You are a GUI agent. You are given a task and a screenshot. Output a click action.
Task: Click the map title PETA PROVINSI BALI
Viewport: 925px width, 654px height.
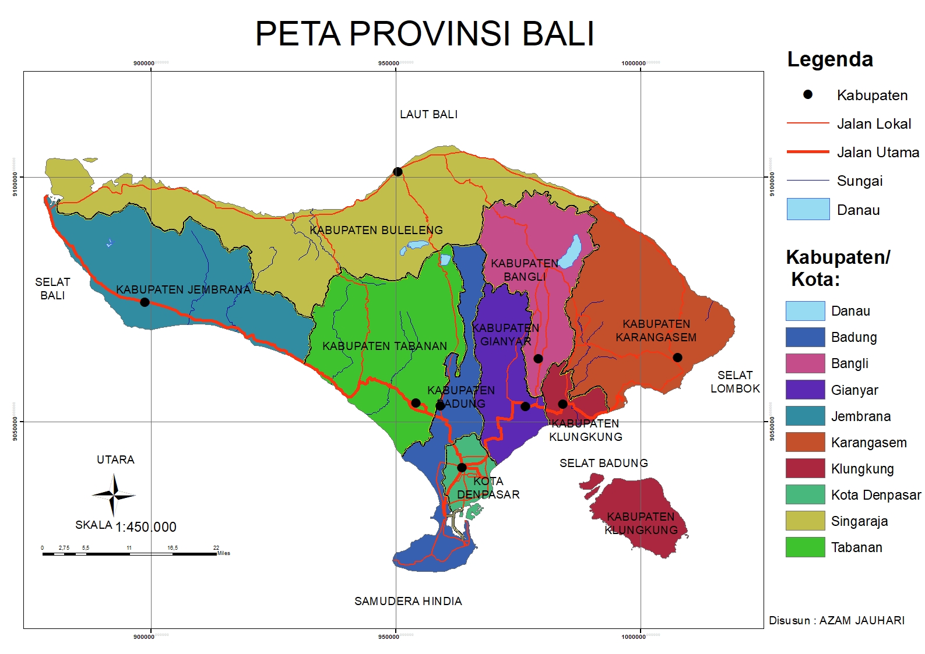tap(424, 34)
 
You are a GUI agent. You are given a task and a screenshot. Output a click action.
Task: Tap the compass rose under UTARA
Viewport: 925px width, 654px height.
tap(114, 496)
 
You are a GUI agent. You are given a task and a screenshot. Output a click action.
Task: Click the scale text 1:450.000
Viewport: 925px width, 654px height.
tap(146, 527)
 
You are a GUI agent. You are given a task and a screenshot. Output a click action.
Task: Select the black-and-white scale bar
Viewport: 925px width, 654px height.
tap(129, 554)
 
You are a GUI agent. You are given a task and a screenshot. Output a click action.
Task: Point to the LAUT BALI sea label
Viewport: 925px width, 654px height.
tap(428, 115)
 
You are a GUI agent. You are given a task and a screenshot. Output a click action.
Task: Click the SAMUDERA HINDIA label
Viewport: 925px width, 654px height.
tap(408, 601)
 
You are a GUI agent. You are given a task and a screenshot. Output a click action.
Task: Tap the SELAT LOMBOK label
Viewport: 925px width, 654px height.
tap(735, 382)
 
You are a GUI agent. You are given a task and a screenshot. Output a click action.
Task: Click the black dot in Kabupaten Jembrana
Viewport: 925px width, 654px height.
tap(145, 302)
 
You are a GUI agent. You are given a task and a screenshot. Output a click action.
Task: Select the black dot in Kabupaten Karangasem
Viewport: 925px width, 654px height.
tap(677, 357)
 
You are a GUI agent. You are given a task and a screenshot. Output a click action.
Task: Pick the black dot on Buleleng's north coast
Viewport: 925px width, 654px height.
tap(398, 171)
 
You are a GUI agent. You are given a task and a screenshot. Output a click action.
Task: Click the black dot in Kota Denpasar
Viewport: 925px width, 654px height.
tap(462, 467)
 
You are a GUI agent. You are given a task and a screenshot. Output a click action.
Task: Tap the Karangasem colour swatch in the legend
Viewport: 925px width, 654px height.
tap(805, 442)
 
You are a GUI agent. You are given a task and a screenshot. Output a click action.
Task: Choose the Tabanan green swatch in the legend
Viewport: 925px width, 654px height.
tap(805, 547)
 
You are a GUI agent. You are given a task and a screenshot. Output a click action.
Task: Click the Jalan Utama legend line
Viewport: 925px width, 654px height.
tap(808, 152)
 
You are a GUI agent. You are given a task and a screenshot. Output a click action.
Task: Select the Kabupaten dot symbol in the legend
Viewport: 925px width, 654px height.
tap(808, 94)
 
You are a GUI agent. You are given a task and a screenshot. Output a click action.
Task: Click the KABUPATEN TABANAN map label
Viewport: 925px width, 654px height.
tap(385, 346)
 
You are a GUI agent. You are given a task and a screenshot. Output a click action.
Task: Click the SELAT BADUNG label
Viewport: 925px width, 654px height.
tap(603, 463)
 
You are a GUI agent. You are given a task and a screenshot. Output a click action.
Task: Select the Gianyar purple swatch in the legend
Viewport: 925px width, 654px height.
tap(805, 390)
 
